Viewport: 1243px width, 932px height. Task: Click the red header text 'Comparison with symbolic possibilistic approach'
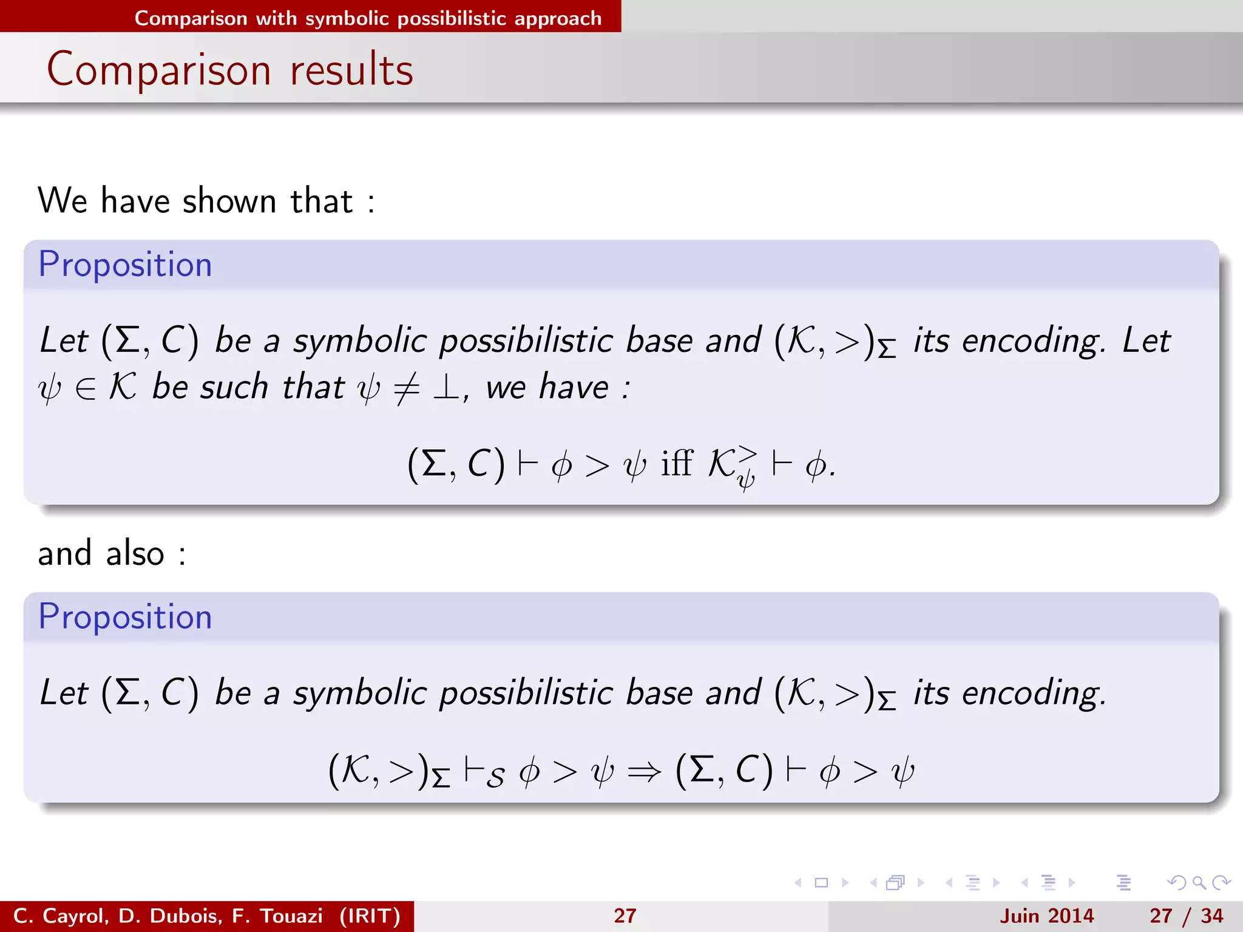368,18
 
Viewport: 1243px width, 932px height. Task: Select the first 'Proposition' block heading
125,265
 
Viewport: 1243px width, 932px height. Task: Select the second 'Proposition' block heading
125,617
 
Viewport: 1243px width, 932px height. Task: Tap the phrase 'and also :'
112,553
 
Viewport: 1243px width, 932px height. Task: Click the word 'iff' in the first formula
676,464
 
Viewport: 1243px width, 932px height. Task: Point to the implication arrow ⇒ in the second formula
644,772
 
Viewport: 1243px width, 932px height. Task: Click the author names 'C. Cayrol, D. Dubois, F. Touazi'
168,916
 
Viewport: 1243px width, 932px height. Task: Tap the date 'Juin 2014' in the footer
1046,916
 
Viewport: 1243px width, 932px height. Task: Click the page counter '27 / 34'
1186,916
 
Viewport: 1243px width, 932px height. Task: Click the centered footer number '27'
625,916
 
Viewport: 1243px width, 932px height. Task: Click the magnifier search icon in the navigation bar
1199,882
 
